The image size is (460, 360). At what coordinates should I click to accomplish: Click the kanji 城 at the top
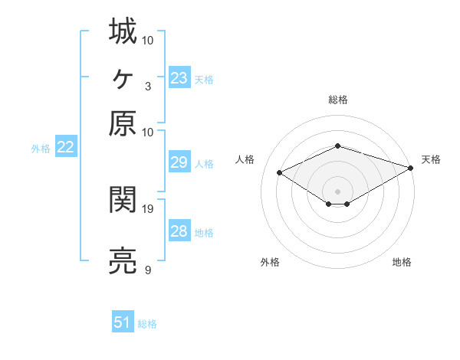[123, 32]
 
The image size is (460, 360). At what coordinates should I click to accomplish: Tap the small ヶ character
[123, 77]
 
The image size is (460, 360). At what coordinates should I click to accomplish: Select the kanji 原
[123, 123]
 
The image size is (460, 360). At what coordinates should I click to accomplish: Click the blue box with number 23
[179, 78]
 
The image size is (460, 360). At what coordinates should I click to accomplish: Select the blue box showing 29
[179, 162]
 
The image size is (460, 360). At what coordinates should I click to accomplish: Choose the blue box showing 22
[65, 148]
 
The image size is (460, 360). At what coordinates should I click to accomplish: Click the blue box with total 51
[123, 323]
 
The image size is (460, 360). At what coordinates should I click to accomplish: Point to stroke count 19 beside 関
[148, 208]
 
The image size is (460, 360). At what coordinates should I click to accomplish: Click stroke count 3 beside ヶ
[147, 86]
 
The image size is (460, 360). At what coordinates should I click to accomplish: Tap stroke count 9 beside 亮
[147, 270]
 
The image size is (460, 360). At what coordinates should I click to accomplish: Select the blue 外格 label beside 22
[40, 149]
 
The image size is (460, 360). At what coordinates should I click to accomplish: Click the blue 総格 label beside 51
[147, 324]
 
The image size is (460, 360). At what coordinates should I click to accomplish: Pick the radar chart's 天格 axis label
[431, 159]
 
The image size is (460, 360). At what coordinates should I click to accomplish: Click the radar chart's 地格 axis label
[402, 263]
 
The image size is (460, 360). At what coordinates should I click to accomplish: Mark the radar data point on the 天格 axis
[412, 167]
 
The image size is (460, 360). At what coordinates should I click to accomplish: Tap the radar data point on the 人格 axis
[281, 173]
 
